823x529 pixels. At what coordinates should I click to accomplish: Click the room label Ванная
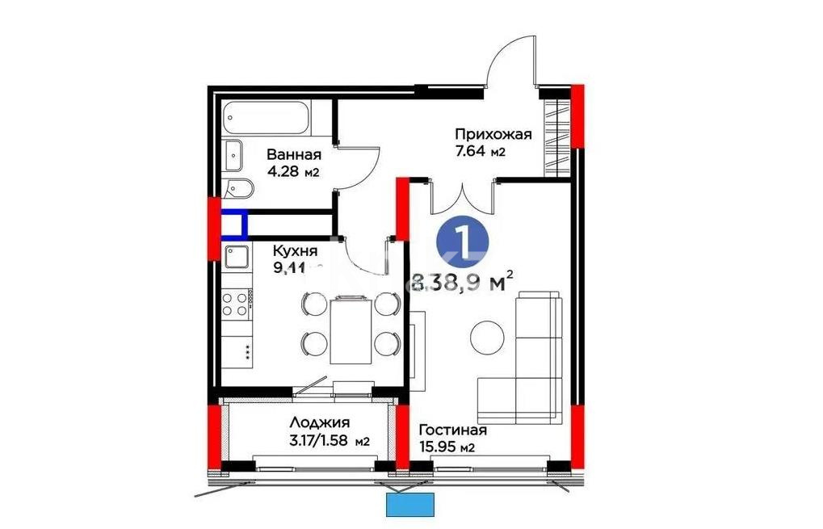click(294, 155)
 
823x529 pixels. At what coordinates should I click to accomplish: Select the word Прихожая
click(493, 134)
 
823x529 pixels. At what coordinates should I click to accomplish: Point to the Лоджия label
click(319, 422)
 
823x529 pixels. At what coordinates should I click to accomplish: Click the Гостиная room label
click(452, 431)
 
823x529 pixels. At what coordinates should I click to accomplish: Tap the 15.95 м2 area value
click(444, 448)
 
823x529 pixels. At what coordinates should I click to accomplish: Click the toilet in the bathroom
click(240, 189)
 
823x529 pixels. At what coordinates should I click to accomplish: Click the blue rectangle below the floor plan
click(411, 505)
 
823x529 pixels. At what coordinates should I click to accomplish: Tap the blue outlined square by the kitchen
click(233, 223)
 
